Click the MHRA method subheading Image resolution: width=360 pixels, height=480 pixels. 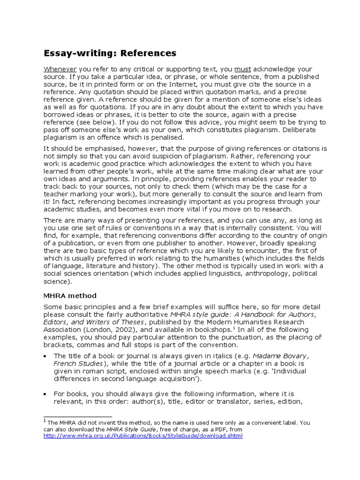point(70,295)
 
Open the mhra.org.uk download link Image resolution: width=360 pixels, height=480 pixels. point(143,435)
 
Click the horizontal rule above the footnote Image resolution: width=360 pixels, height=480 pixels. point(78,416)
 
